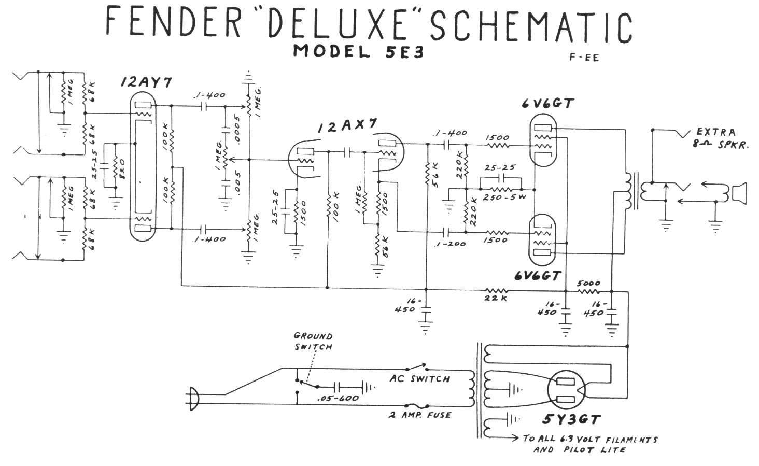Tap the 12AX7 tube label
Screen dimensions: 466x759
tap(347, 126)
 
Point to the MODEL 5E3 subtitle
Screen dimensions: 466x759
tap(358, 51)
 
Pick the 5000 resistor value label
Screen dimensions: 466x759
tap(588, 283)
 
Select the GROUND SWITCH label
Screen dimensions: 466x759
tap(313, 341)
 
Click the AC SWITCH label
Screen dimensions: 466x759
tap(420, 379)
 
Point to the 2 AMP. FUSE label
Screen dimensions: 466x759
tap(419, 415)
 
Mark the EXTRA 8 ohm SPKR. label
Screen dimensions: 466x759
tap(716, 138)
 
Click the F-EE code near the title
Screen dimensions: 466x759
tap(584, 58)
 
